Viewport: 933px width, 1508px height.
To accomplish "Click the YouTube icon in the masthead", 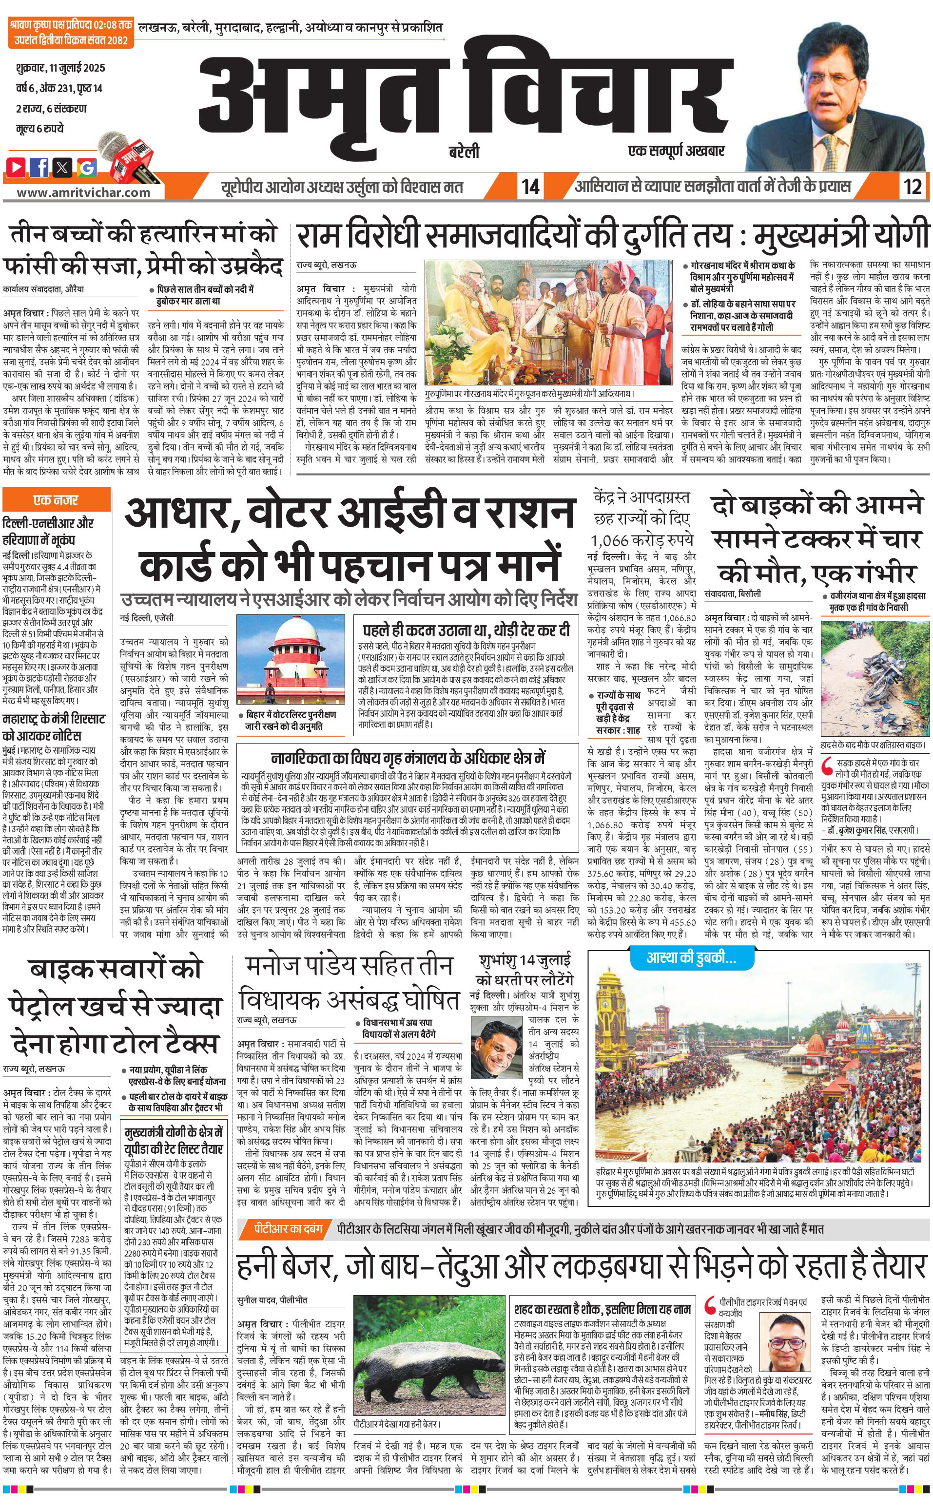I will pyautogui.click(x=17, y=167).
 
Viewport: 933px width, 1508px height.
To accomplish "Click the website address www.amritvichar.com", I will pyautogui.click(x=83, y=192).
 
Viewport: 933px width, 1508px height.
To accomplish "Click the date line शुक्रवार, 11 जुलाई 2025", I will pyautogui.click(x=60, y=68).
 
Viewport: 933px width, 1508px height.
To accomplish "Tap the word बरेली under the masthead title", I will pyautogui.click(x=464, y=152).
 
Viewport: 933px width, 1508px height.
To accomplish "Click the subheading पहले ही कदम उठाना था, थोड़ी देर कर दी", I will pyautogui.click(x=466, y=630).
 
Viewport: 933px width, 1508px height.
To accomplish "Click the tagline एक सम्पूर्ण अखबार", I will pyautogui.click(x=676, y=151).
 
